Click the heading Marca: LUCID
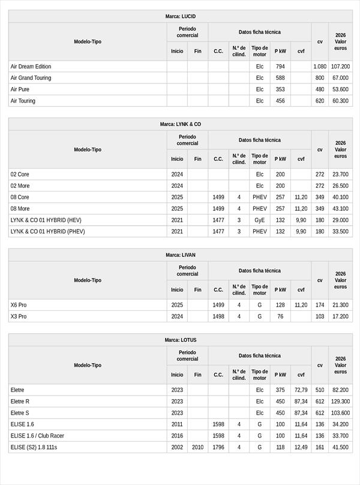[180, 16]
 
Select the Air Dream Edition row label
[31, 67]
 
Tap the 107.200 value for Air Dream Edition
[340, 67]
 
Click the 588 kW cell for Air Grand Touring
[280, 78]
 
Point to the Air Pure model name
[20, 89]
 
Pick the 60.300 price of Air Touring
[340, 101]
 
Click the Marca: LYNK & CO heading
[180, 124]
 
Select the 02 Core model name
[20, 175]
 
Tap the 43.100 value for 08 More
[340, 209]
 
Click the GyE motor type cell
[259, 220]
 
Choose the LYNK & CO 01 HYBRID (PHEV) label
[47, 232]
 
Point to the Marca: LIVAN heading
[180, 255]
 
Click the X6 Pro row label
[19, 305]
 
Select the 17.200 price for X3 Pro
[340, 316]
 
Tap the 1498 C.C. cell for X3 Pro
[218, 316]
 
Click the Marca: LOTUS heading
[180, 340]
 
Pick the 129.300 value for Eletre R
[340, 402]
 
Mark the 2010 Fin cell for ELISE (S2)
[197, 447]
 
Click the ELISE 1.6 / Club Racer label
[37, 436]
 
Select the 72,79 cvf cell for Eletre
[301, 390]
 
